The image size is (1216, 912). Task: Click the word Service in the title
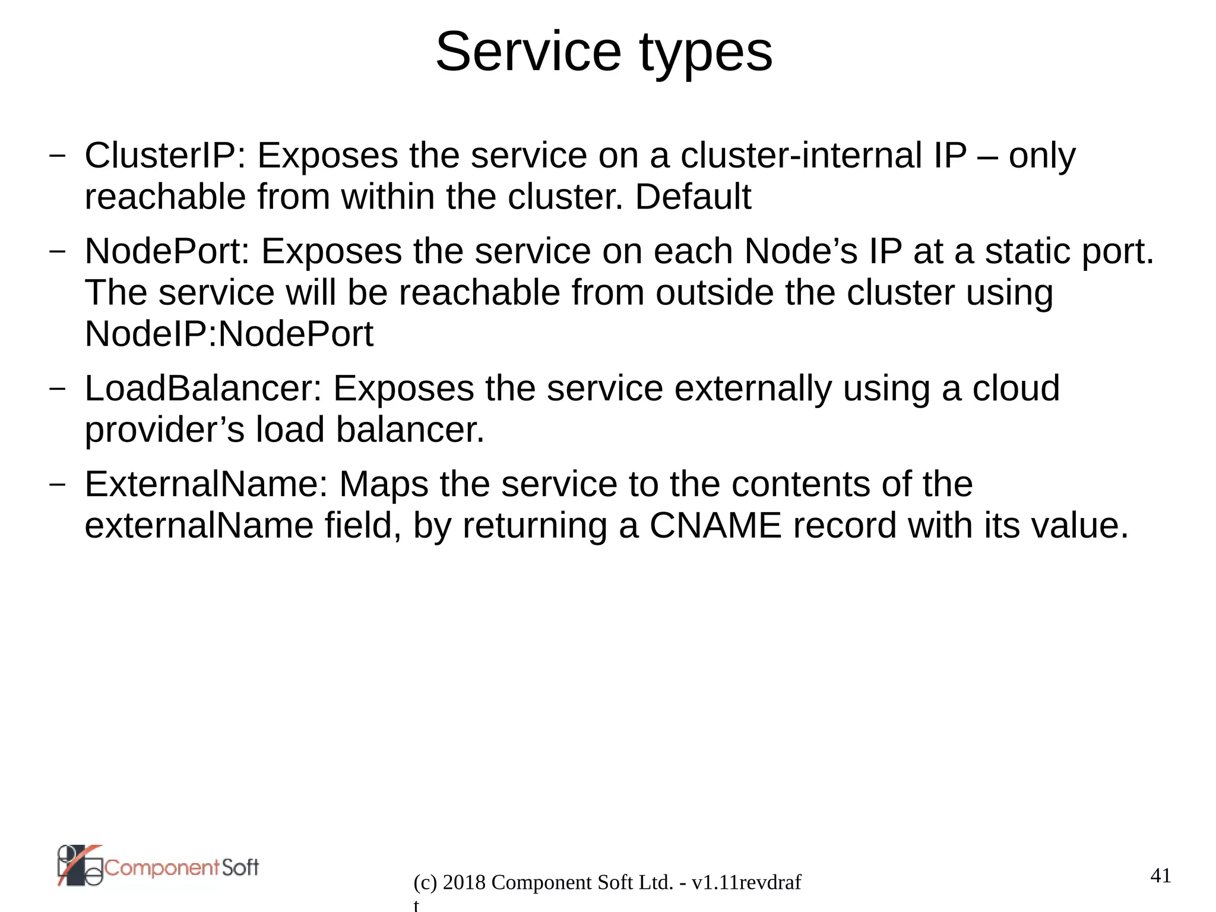pos(528,52)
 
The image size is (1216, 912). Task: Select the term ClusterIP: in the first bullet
pos(164,156)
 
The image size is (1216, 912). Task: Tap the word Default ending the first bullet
pos(693,197)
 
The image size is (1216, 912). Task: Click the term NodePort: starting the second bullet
pos(167,251)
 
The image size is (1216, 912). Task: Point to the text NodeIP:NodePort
pos(229,334)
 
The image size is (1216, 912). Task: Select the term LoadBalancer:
pos(202,389)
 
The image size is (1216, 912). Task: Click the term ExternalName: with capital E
pos(206,484)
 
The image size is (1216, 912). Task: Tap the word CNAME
pos(715,526)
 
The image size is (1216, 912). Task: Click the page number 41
pos(1160,876)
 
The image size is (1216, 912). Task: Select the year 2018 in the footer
pos(464,883)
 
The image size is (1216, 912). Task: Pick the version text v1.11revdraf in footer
pos(746,883)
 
